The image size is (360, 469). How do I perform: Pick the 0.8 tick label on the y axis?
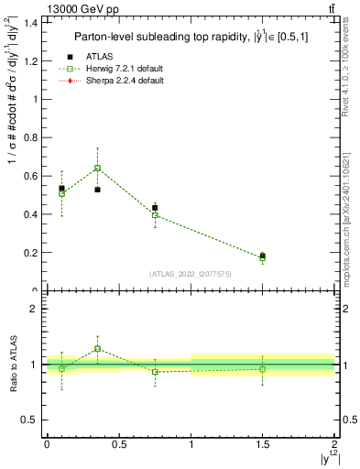pyautogui.click(x=31, y=137)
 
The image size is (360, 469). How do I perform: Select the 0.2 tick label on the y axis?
pyautogui.click(x=31, y=253)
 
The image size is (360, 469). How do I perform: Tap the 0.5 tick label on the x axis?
pyautogui.click(x=119, y=444)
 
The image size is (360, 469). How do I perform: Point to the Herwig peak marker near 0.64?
pyautogui.click(x=97, y=168)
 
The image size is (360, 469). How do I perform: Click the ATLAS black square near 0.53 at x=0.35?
pyautogui.click(x=97, y=190)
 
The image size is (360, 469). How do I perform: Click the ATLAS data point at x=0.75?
pyautogui.click(x=155, y=208)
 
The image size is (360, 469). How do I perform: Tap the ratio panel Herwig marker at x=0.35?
pyautogui.click(x=97, y=349)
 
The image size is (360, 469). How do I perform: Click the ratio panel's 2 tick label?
pyautogui.click(x=33, y=309)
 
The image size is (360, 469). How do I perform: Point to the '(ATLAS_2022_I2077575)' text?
pyautogui.click(x=191, y=273)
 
